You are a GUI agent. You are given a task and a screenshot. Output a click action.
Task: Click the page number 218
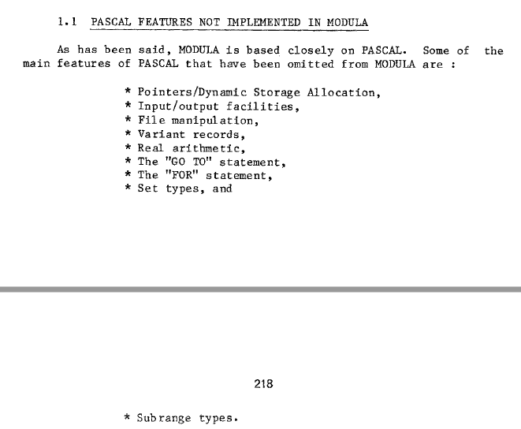click(263, 384)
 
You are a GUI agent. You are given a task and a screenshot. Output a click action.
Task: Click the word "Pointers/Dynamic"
click(192, 92)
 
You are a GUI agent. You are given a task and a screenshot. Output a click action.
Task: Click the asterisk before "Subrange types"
click(128, 418)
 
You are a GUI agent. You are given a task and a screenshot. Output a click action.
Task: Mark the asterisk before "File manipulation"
click(128, 121)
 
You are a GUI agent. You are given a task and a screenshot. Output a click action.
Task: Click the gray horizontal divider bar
click(260, 290)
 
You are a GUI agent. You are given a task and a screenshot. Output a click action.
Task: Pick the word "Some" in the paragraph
click(436, 50)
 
